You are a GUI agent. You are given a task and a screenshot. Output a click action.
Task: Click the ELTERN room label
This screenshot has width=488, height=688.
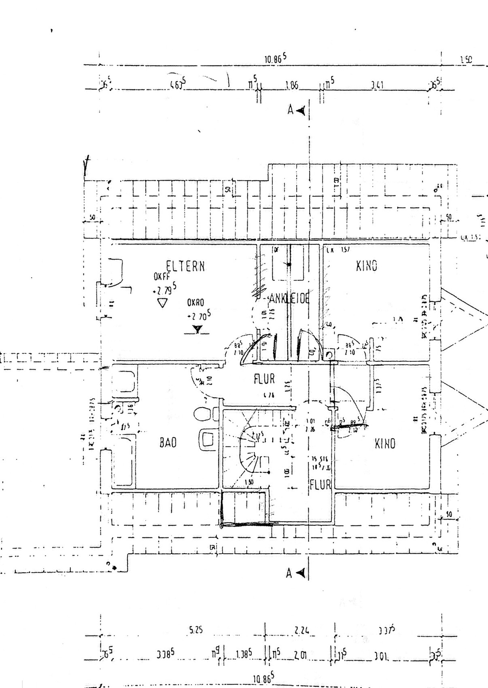[185, 266]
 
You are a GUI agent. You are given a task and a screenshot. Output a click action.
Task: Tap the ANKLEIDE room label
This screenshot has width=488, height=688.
[289, 299]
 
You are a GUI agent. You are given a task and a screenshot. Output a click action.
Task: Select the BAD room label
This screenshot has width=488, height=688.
[168, 442]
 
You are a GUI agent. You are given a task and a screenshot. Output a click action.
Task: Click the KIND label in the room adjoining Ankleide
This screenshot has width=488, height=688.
[367, 266]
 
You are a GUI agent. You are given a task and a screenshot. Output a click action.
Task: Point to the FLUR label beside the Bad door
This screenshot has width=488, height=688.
[264, 379]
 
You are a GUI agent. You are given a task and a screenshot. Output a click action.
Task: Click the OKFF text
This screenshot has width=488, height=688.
[161, 277]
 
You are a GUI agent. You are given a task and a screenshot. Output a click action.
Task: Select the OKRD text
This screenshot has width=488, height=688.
[195, 302]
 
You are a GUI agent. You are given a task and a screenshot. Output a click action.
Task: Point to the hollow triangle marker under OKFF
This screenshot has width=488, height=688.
[162, 303]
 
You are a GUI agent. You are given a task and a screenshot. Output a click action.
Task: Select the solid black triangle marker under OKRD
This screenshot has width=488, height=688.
[197, 329]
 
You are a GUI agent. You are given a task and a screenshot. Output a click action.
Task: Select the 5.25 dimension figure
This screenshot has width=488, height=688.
[195, 630]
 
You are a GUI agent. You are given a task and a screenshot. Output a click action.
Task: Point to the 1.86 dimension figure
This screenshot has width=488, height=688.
[292, 86]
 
